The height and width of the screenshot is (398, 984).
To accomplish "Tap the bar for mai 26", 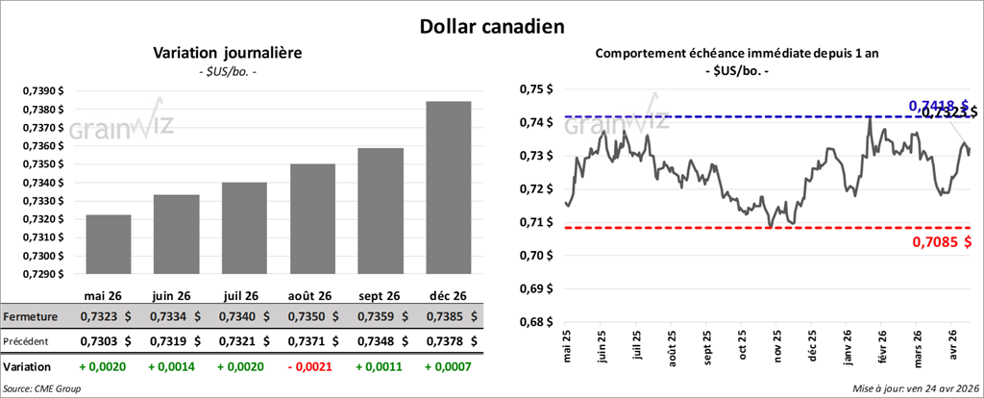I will click(108, 244).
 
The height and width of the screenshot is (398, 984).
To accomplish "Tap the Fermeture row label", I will click(31, 316).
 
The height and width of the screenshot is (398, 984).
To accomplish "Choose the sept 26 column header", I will click(378, 295).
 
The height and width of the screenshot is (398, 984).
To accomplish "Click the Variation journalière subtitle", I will click(229, 54).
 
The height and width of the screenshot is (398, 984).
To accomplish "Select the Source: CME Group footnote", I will click(41, 388).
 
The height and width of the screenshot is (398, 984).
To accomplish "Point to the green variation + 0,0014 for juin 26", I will click(174, 367).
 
